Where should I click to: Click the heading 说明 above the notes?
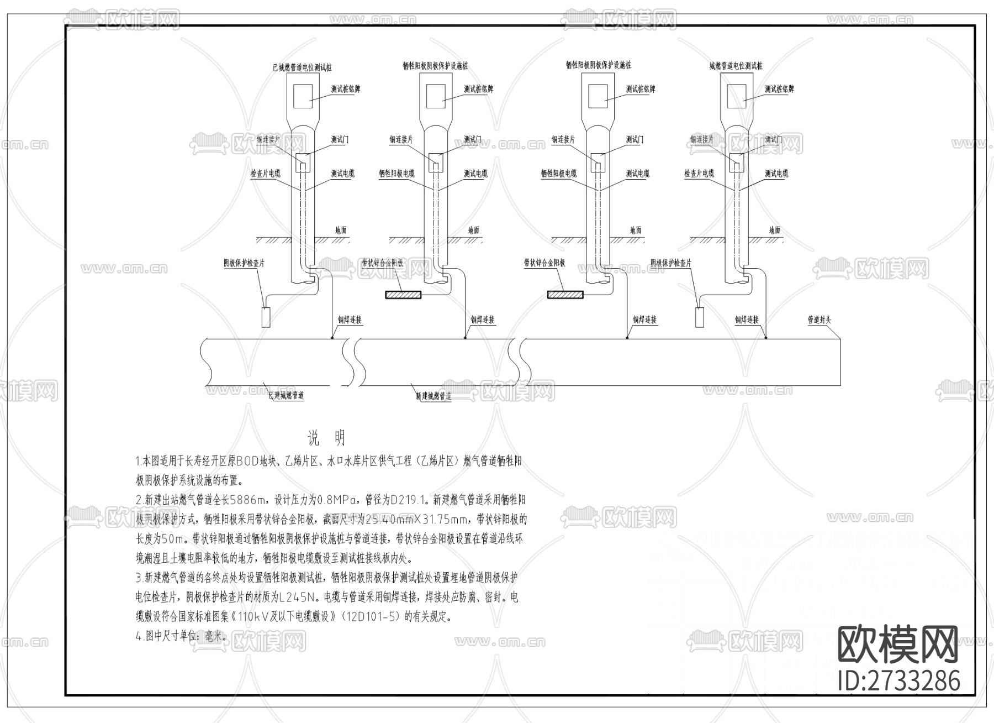326,438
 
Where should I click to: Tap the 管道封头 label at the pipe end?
819,319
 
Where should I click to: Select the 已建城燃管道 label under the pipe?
286,395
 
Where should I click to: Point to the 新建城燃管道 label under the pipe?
433,396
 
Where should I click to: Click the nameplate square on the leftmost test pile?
303,96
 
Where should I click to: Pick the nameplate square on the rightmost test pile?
737,96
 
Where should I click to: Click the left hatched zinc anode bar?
403,295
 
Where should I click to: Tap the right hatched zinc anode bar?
565,295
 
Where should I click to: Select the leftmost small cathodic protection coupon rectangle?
266,317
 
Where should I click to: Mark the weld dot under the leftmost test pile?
332,338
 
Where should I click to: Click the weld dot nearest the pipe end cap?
765,338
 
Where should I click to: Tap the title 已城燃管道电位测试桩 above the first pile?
302,67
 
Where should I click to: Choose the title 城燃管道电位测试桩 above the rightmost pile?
736,66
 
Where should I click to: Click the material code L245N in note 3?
298,598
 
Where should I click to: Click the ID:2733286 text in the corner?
898,680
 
